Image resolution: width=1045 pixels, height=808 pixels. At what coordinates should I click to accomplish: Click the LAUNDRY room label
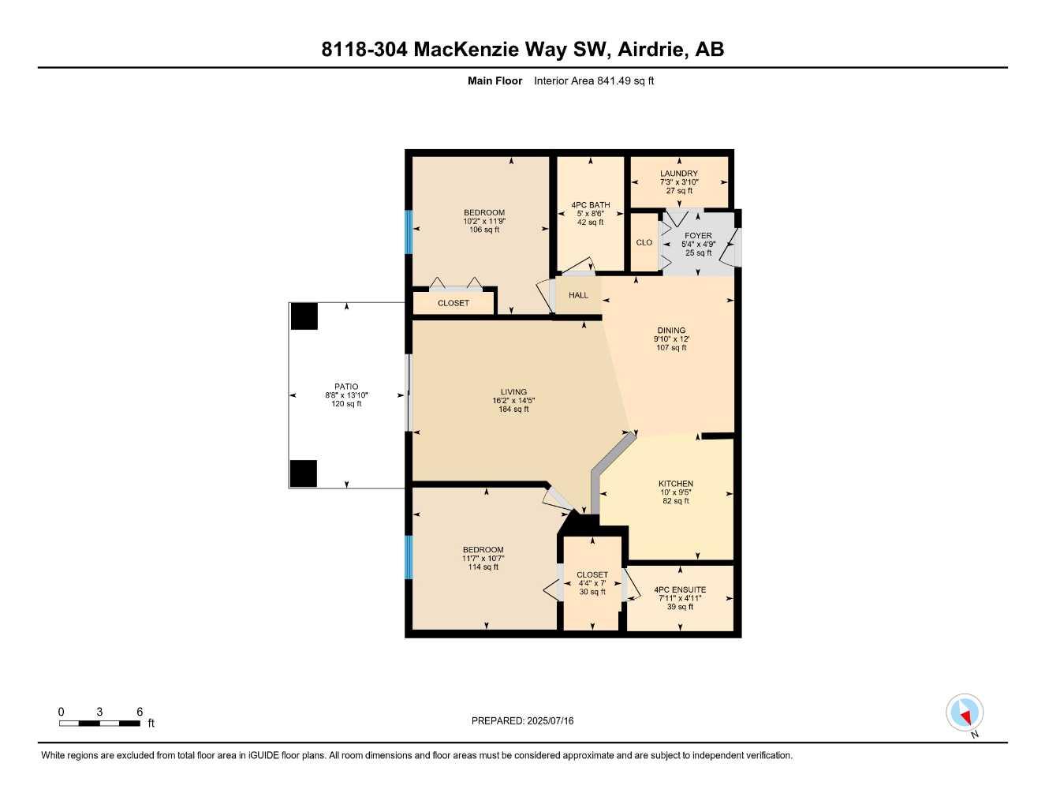[x=679, y=174]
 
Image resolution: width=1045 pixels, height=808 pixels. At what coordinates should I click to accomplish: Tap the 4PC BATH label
[x=591, y=205]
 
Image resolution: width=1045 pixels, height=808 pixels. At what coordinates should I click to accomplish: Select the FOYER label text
[x=698, y=235]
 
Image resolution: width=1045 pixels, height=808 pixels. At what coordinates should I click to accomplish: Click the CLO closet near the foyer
[x=644, y=242]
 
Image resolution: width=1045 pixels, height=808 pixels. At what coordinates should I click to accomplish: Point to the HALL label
[x=578, y=295]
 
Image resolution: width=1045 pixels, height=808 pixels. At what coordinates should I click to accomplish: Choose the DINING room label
[x=671, y=331]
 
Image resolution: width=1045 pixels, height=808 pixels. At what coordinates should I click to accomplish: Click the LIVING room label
[x=513, y=392]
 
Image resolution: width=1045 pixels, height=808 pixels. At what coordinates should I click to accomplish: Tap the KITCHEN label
[x=676, y=484]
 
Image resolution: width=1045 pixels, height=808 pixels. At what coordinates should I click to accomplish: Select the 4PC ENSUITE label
[x=680, y=589]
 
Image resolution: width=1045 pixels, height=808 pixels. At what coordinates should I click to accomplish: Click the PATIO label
[x=346, y=387]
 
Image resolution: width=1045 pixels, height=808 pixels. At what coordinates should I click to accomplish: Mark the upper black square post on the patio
[x=304, y=316]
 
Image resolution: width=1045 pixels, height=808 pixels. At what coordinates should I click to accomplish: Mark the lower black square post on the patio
[x=304, y=473]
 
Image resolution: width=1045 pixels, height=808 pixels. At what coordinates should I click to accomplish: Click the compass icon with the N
[x=965, y=713]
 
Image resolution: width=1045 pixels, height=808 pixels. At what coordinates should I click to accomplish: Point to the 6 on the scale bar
[x=140, y=712]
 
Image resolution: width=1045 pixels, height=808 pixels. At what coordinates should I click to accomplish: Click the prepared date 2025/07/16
[x=550, y=720]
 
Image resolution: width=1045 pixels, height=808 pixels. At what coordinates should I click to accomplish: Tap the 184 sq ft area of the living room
[x=513, y=410]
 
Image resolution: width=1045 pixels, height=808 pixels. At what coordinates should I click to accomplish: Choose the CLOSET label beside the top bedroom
[x=453, y=303]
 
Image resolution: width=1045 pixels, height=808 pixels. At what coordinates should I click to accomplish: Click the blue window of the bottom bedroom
[x=409, y=557]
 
